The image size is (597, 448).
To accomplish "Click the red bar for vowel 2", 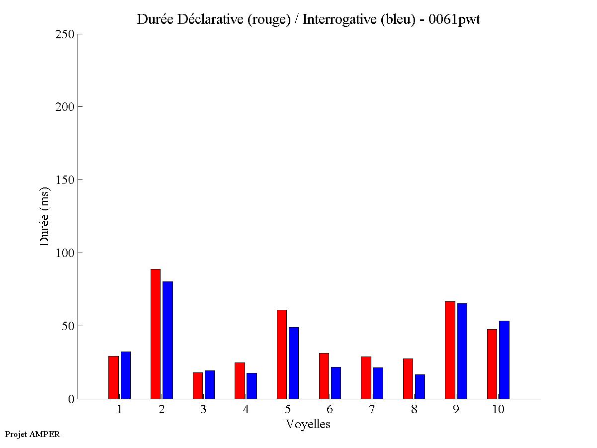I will (x=155, y=334).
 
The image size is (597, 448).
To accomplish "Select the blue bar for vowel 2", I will (x=168, y=340).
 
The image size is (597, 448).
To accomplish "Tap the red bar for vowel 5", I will (x=282, y=354).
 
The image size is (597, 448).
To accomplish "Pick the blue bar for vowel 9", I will (x=462, y=351).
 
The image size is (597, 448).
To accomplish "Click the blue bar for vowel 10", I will (x=504, y=359).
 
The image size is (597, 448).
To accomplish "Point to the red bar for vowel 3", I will (x=198, y=385).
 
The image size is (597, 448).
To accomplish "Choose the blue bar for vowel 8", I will (x=420, y=386).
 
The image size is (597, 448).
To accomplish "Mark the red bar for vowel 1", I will (x=114, y=377).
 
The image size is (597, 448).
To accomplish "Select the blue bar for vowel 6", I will (x=336, y=383).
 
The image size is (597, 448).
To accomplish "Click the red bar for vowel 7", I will (x=366, y=377).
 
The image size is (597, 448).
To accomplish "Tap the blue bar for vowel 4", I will (x=252, y=386).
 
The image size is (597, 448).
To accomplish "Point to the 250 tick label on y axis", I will (x=65, y=34).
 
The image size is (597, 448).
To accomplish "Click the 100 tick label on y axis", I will (x=65, y=253).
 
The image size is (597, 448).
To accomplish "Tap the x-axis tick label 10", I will (x=498, y=410).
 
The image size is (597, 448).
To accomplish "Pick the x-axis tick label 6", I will (x=330, y=410).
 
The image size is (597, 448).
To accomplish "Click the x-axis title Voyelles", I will (x=308, y=424).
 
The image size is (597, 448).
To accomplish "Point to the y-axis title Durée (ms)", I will (x=45, y=216).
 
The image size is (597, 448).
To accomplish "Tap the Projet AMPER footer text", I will (x=32, y=434).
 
